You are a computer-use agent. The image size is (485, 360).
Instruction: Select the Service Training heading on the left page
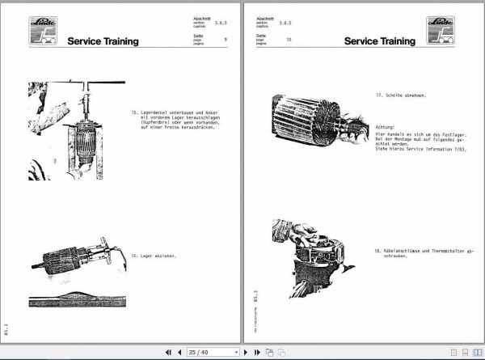[103, 41]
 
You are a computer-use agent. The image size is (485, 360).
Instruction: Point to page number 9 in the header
[226, 39]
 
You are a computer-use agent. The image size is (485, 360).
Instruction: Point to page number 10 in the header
[288, 39]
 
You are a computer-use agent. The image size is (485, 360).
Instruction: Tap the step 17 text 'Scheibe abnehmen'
[402, 95]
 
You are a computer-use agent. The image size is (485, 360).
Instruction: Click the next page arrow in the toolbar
[247, 352]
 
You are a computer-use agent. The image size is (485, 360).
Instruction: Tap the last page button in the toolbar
[258, 352]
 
